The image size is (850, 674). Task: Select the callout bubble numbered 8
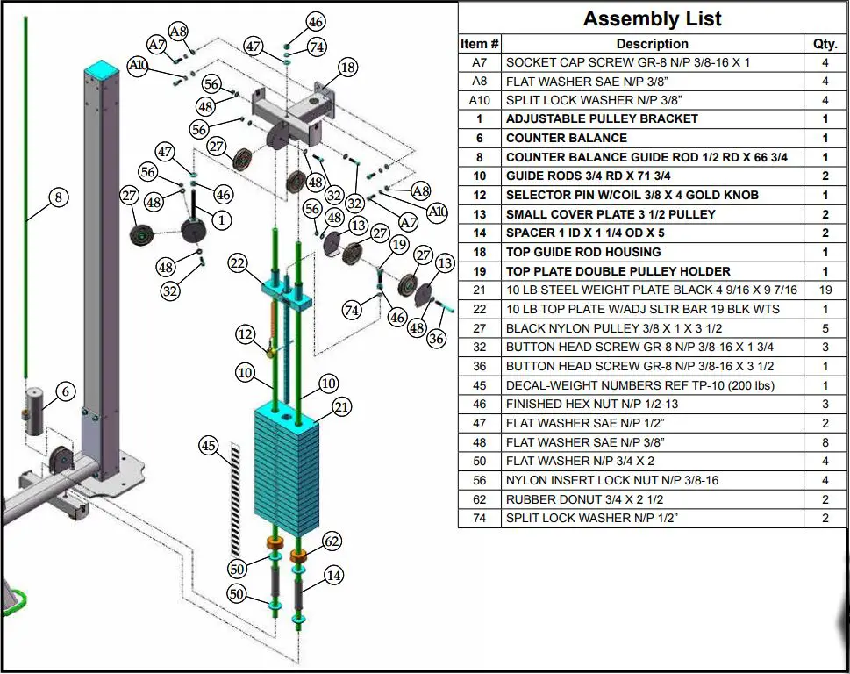point(58,197)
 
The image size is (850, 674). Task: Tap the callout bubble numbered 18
point(347,68)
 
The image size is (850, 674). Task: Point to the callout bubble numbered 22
point(238,263)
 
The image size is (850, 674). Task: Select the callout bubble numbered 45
point(209,446)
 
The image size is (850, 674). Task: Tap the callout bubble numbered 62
point(332,541)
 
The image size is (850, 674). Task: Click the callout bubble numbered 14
point(332,576)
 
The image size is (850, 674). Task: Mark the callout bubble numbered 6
point(66,391)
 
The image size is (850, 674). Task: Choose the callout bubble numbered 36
point(436,339)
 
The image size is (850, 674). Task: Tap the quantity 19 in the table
point(825,290)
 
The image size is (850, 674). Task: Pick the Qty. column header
point(825,43)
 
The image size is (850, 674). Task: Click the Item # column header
point(480,43)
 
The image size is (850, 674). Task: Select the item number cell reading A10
point(480,100)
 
